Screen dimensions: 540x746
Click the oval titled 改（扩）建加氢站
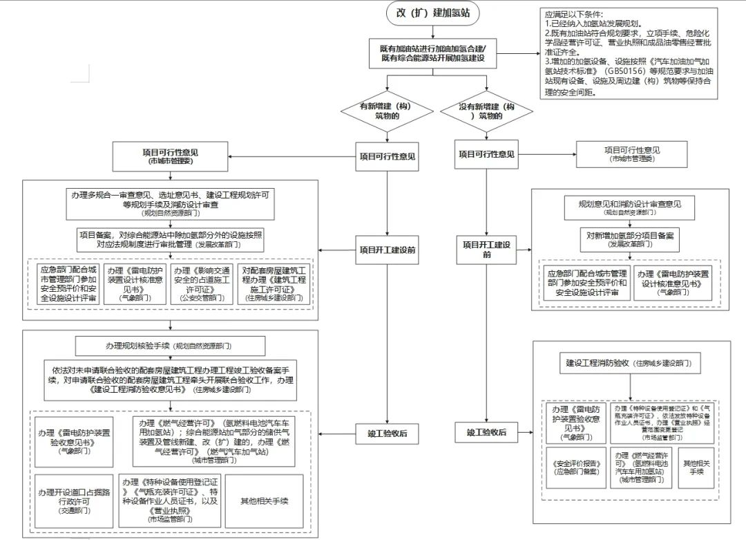[x=432, y=13]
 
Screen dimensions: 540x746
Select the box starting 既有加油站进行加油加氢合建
[x=433, y=53]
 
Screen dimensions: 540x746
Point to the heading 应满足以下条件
[x=573, y=15]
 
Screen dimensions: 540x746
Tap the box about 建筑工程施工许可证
[x=274, y=283]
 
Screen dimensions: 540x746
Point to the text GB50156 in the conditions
[x=625, y=71]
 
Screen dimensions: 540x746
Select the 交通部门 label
[x=75, y=510]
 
